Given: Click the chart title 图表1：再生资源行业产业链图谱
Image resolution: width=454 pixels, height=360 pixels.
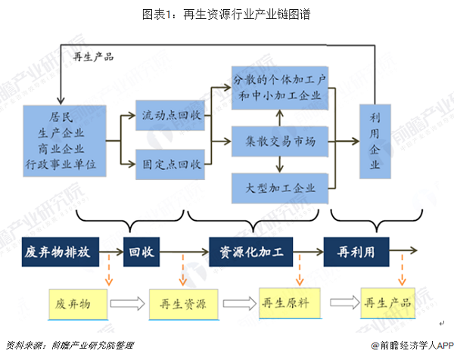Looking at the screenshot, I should point(226,13).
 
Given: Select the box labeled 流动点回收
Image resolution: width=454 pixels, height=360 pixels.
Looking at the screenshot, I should point(170,116).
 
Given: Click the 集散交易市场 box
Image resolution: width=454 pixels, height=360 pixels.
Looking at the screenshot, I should point(280,140).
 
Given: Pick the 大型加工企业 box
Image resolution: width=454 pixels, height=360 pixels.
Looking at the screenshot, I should point(280,187).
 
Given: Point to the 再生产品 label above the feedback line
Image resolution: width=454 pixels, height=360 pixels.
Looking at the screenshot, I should point(93,56).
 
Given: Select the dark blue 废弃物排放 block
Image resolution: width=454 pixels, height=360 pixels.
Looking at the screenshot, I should point(61,251).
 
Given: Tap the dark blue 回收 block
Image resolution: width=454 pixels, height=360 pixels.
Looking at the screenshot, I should point(141,251).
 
